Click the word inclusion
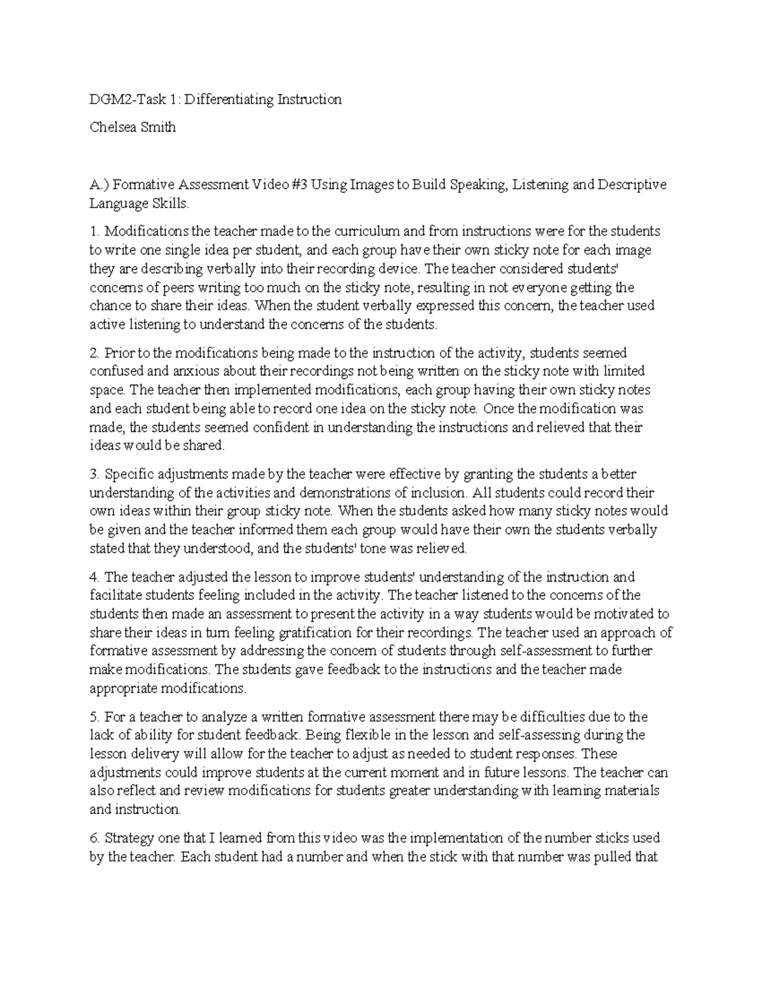pyautogui.click(x=439, y=492)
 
